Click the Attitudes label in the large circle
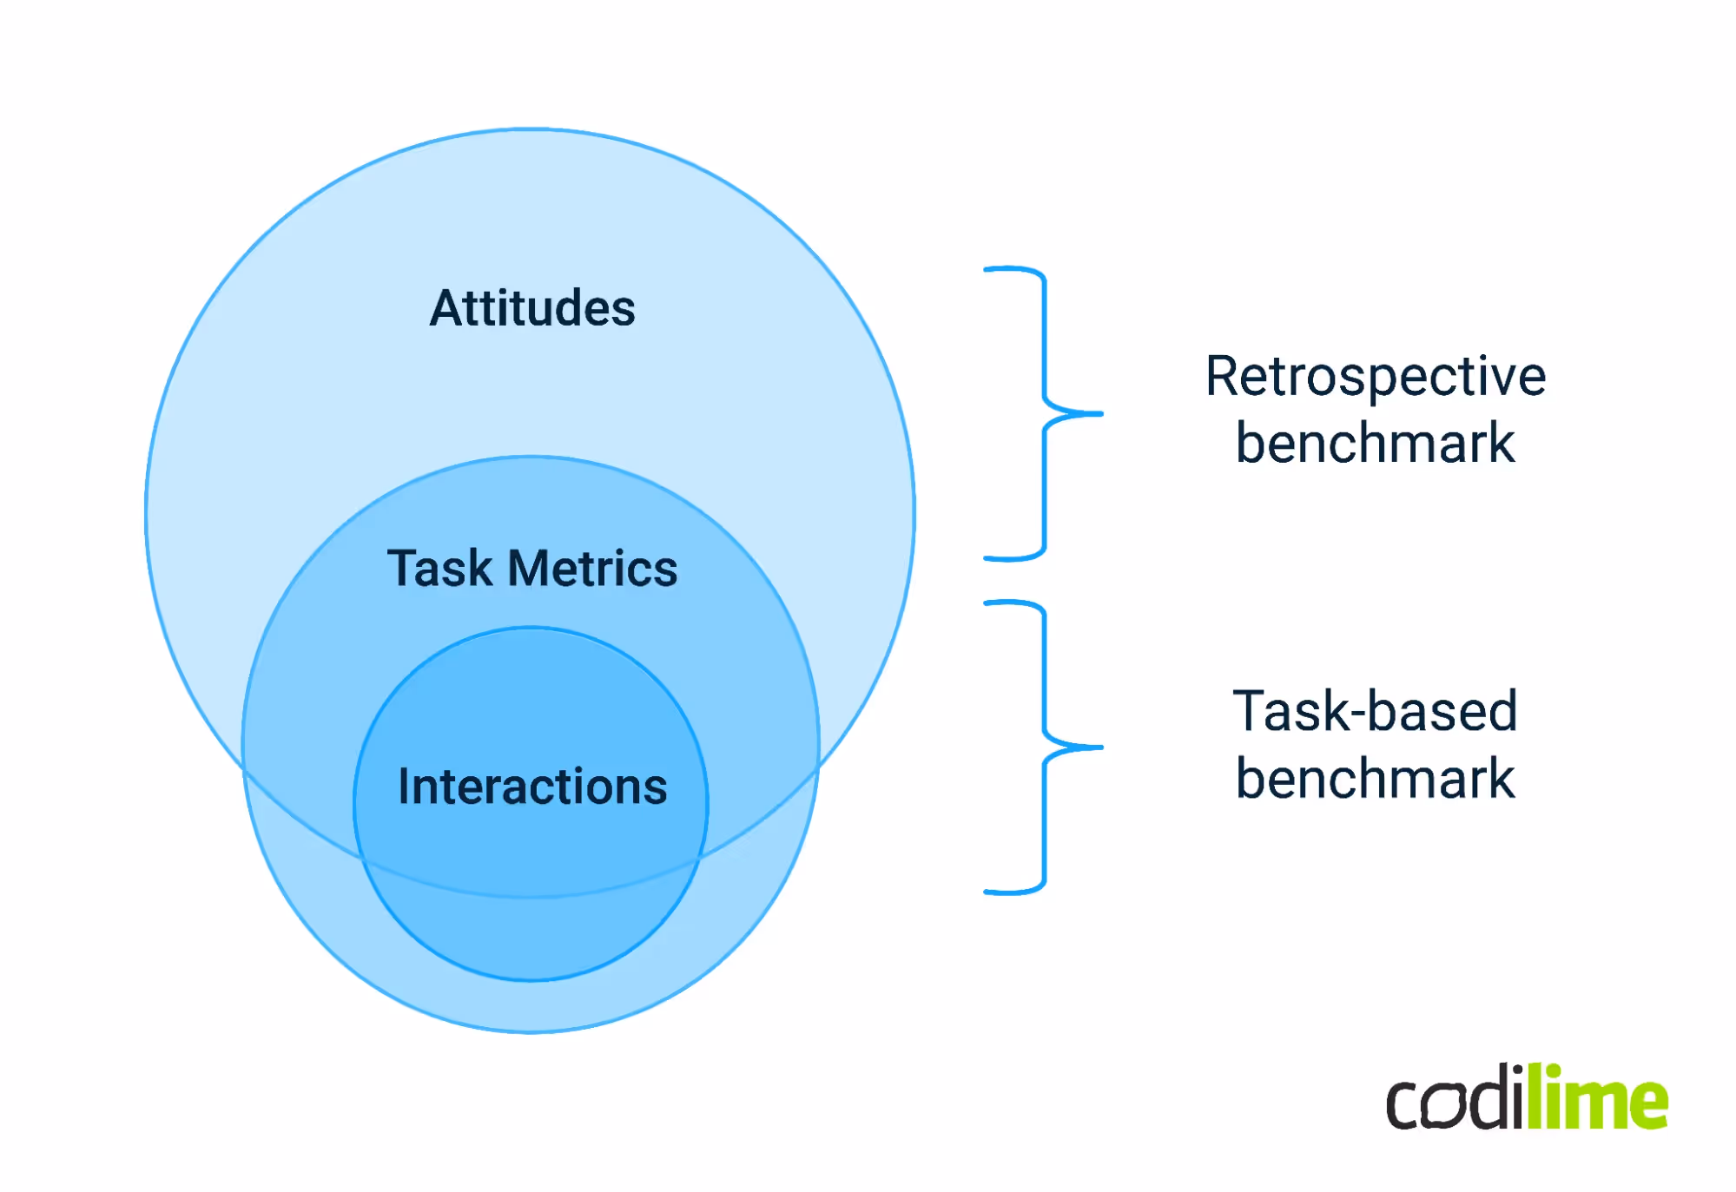pyautogui.click(x=532, y=308)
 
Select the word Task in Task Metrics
pyautogui.click(x=439, y=569)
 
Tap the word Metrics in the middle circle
pyautogui.click(x=592, y=569)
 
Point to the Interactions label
pyautogui.click(x=532, y=787)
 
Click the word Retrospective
pyautogui.click(x=1376, y=377)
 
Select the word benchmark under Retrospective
pyautogui.click(x=1376, y=443)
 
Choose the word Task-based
pyautogui.click(x=1376, y=711)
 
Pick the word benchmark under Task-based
pyautogui.click(x=1376, y=778)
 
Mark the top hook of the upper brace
pyautogui.click(x=999, y=270)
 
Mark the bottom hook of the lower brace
pyautogui.click(x=999, y=891)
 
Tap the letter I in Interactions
pyautogui.click(x=404, y=787)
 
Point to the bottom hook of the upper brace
pyautogui.click(x=999, y=558)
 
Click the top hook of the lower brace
pyautogui.click(x=999, y=603)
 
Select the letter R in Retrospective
pyautogui.click(x=1224, y=377)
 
